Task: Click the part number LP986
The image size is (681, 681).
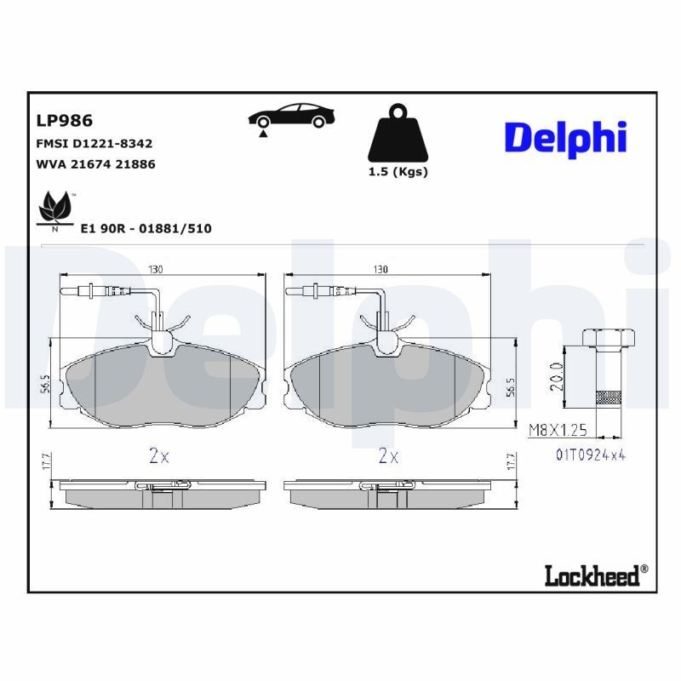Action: pos(65,121)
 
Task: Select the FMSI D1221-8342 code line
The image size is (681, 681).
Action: pos(94,144)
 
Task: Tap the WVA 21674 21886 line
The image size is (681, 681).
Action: pos(95,164)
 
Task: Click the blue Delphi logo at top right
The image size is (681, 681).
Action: pos(565,137)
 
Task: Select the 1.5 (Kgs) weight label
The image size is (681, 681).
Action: pos(398,171)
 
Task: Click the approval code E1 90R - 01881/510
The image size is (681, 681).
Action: pos(146,228)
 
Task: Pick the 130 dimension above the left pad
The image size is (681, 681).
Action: pos(156,268)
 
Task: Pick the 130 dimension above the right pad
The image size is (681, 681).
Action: pos(381,268)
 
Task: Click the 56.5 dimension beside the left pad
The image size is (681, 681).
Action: pos(44,383)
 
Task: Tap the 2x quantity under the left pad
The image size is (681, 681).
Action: pos(159,455)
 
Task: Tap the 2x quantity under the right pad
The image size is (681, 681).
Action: pos(388,455)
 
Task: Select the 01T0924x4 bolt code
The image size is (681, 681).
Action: pos(591,455)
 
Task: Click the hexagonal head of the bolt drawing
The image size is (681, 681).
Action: pos(609,338)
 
